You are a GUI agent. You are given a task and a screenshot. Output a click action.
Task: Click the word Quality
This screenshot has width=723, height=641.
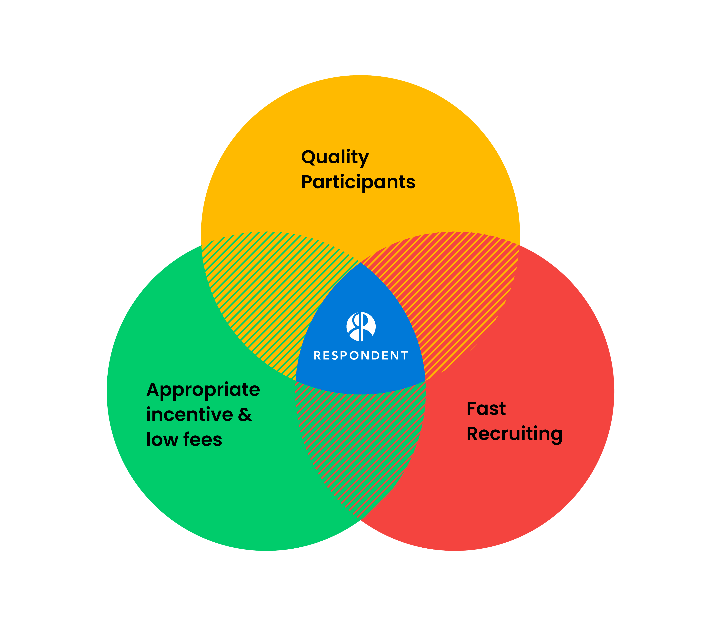335,158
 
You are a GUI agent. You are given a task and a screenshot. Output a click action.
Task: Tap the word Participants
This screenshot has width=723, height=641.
358,182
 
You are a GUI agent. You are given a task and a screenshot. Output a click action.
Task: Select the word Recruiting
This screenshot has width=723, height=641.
514,434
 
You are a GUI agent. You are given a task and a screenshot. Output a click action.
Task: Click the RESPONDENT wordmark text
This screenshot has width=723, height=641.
361,355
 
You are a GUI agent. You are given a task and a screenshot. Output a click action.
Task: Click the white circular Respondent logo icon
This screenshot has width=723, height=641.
361,326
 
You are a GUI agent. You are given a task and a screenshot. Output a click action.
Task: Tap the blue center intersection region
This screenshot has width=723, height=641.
361,375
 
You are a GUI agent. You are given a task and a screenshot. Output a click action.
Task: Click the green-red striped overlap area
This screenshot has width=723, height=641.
361,446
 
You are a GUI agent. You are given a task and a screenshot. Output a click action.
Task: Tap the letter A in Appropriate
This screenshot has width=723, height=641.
154,390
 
